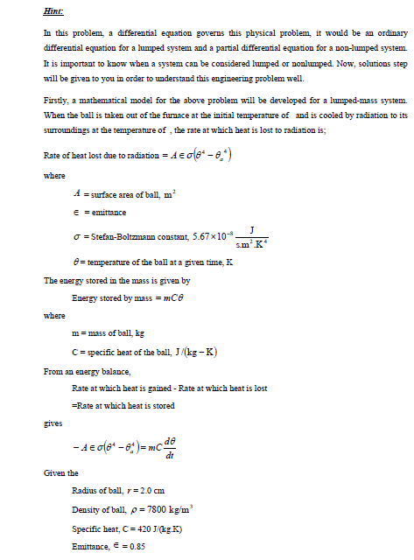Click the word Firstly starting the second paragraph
click(x=55, y=101)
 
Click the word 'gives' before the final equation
click(x=53, y=423)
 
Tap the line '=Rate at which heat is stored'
click(x=123, y=406)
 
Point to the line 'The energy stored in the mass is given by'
click(x=117, y=281)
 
